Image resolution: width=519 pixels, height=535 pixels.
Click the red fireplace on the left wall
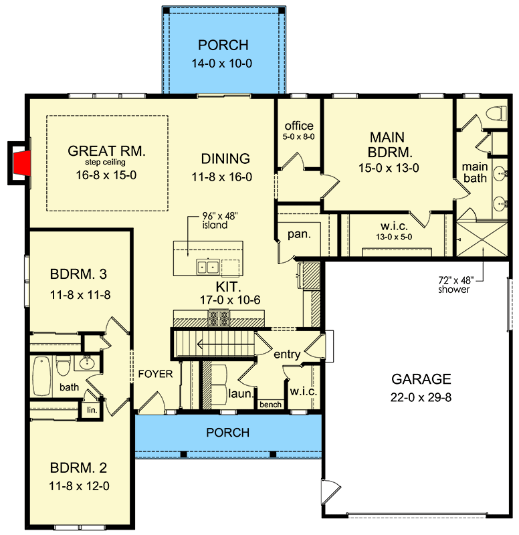tap(22, 163)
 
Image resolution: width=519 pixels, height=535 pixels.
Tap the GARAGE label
tap(421, 379)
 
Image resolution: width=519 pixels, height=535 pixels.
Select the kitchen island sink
tap(208, 266)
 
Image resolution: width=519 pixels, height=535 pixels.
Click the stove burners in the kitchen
tap(219, 318)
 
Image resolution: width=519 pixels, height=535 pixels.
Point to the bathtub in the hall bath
tap(41, 376)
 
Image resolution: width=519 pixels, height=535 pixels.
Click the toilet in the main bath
tap(496, 113)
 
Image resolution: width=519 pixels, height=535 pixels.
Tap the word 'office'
tap(299, 126)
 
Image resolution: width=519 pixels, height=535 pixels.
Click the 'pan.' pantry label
tap(299, 235)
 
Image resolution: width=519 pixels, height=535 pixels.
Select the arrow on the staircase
tap(225, 344)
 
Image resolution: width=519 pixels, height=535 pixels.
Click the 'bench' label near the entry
tap(271, 405)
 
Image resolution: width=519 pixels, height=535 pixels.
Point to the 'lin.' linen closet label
tap(92, 410)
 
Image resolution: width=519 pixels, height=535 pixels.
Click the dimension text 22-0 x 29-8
tap(421, 397)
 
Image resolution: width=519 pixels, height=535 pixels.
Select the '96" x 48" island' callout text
tap(219, 221)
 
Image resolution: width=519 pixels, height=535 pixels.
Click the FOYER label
tap(155, 374)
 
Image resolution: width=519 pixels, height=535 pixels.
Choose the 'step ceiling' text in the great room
tap(105, 163)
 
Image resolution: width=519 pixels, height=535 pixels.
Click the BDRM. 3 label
tap(78, 274)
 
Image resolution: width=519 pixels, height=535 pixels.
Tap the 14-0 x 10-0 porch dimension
tap(222, 64)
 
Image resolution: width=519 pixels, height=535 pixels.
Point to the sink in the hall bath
tap(86, 363)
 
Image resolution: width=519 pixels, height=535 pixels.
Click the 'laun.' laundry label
tap(241, 394)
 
